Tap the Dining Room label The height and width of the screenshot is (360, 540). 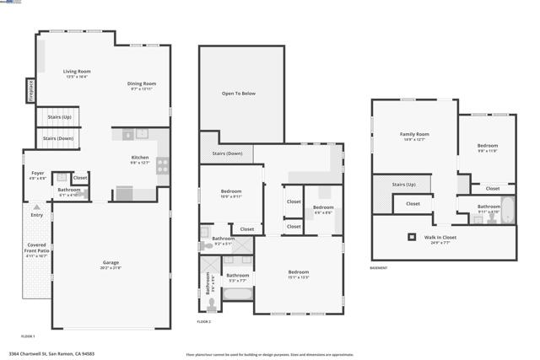click(143, 83)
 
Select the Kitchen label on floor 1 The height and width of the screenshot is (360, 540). click(140, 158)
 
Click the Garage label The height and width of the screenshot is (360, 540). click(111, 262)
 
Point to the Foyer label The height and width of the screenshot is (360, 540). click(38, 173)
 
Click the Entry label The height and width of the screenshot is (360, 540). click(36, 215)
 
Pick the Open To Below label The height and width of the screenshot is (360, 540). click(239, 94)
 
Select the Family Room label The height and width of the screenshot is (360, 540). click(414, 134)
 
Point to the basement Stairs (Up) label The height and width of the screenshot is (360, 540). click(404, 184)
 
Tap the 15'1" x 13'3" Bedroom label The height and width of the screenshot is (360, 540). click(299, 272)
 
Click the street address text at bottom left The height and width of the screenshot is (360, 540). click(51, 354)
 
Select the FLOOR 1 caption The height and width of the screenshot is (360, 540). click(28, 336)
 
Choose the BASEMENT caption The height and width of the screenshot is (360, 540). click(379, 268)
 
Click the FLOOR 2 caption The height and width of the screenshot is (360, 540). click(203, 322)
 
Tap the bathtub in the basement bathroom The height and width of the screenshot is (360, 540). click(507, 211)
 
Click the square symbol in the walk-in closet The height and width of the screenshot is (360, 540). click(413, 238)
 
